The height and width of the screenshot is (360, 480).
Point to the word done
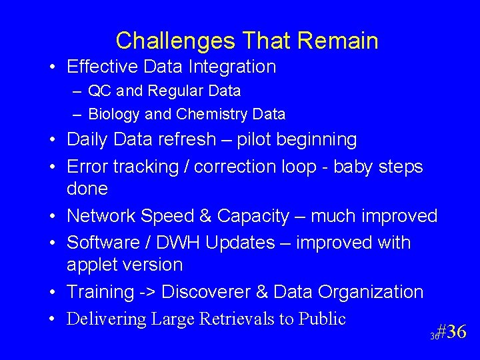(x=87, y=189)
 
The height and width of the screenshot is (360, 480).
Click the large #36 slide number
(x=453, y=332)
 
